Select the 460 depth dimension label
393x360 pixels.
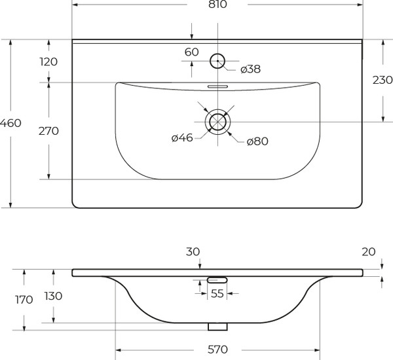click(11, 123)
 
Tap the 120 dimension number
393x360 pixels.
click(48, 62)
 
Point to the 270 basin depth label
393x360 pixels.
click(48, 131)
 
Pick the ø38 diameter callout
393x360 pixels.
click(251, 69)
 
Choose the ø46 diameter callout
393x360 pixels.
click(181, 138)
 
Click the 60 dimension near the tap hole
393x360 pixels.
click(191, 52)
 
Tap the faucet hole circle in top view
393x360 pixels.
click(217, 62)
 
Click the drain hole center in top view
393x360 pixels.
click(217, 121)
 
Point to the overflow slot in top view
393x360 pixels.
click(217, 85)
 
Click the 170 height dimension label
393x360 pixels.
click(24, 300)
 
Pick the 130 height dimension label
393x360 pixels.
click(53, 296)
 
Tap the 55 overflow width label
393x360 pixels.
click(217, 294)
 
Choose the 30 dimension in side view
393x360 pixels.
click(193, 251)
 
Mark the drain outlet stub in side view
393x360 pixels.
click(217, 326)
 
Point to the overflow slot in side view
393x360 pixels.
click(217, 279)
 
